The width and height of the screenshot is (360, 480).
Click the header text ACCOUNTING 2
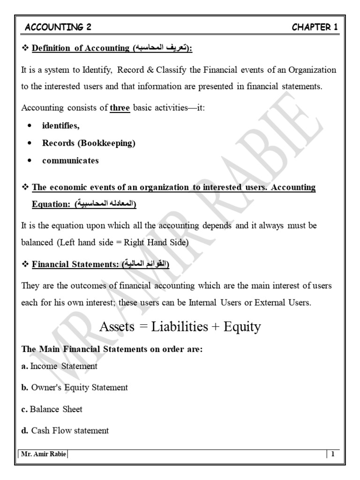point(58,27)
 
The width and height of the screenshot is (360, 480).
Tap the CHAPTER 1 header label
point(315,27)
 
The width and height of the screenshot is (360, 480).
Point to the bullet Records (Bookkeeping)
point(89,143)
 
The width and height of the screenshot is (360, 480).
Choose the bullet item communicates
point(70,161)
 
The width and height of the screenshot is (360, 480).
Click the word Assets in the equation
point(117,327)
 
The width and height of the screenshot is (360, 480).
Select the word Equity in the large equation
point(242,327)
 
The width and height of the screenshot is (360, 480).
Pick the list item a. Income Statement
point(60,366)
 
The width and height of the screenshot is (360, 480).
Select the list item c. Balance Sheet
point(52,409)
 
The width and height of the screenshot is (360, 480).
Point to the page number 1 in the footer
point(332,454)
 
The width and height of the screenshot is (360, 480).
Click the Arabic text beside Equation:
point(103,205)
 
